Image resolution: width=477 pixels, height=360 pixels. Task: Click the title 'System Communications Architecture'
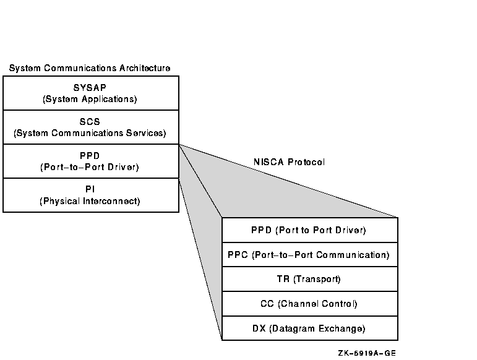(x=90, y=67)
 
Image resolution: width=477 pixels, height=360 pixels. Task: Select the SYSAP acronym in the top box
(x=90, y=88)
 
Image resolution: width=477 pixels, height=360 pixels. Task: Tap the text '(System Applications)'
(x=90, y=99)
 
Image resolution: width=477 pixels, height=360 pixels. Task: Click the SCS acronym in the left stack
(x=90, y=122)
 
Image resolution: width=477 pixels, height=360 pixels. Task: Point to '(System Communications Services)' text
(x=90, y=133)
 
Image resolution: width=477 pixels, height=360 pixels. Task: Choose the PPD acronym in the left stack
(x=90, y=156)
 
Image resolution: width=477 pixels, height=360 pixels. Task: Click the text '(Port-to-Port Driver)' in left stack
(x=90, y=167)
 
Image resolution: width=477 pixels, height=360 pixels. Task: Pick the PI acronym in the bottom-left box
(x=90, y=189)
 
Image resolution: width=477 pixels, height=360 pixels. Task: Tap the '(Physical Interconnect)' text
(x=90, y=201)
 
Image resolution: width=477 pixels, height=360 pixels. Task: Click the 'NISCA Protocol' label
(x=288, y=162)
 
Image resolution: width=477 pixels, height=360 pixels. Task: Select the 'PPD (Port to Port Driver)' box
(x=309, y=230)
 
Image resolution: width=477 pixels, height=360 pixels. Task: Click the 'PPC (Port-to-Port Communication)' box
(x=309, y=254)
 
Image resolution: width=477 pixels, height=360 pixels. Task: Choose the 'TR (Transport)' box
(x=309, y=279)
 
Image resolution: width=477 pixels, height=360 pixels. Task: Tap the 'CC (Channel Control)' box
(x=309, y=304)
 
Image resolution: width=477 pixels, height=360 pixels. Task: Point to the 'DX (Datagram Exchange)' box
(x=309, y=328)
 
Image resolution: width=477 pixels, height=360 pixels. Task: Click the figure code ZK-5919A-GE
(x=367, y=353)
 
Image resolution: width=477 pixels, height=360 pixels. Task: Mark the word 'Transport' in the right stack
(x=318, y=279)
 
